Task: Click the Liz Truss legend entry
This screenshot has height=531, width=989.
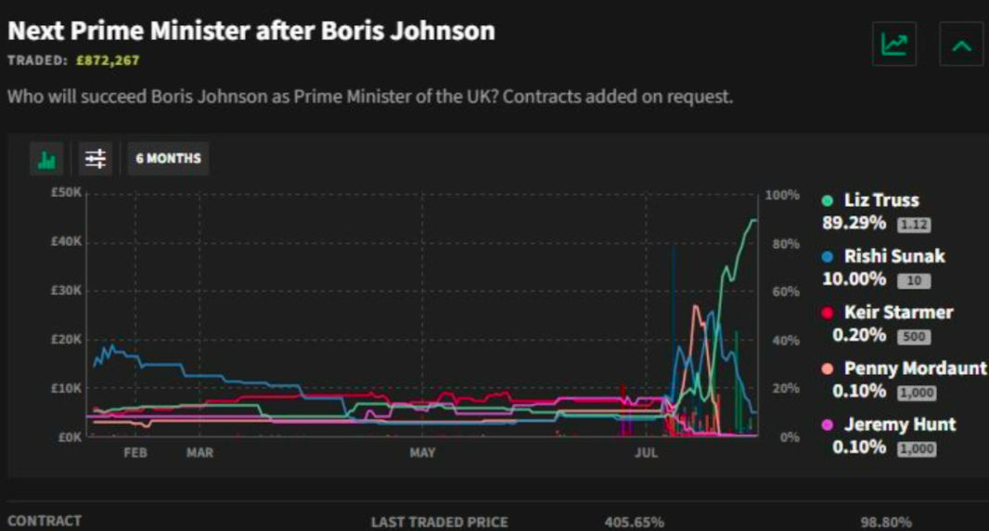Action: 880,201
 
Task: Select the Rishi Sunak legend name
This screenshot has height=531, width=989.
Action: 893,256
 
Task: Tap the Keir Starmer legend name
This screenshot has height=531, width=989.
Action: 898,313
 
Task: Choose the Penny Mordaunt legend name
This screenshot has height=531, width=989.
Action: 915,369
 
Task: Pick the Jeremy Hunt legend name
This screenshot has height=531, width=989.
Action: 899,425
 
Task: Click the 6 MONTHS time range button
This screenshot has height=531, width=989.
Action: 168,159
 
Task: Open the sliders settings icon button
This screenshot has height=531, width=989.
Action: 96,159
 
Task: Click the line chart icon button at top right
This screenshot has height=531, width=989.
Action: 894,45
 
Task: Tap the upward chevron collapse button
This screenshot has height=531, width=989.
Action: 961,45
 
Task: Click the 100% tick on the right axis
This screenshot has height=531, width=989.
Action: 782,195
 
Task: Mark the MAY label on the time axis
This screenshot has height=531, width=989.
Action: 422,453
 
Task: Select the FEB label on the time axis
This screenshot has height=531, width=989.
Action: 135,453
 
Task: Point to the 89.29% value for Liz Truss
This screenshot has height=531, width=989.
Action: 854,224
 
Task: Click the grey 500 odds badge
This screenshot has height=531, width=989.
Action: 914,337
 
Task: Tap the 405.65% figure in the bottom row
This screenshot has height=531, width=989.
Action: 634,522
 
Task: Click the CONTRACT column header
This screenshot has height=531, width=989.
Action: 45,521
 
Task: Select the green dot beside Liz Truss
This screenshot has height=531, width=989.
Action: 828,201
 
